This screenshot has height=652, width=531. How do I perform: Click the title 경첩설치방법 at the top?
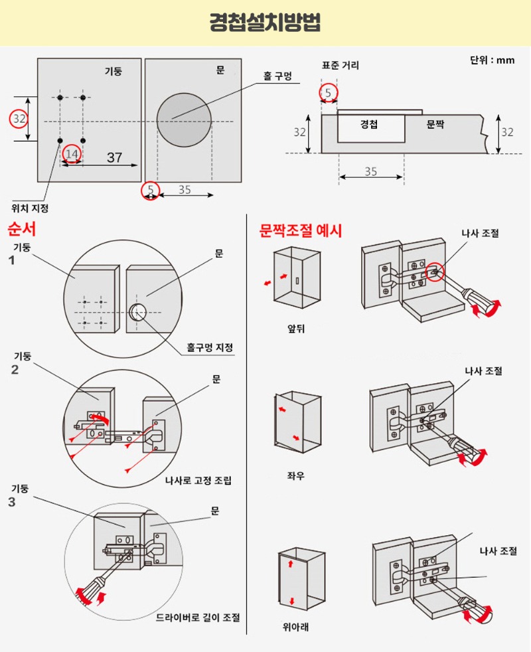(x=265, y=23)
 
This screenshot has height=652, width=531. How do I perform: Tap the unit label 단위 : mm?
(x=492, y=60)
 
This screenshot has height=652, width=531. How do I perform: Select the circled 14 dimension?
(x=72, y=154)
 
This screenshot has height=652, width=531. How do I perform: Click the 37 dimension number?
(x=114, y=157)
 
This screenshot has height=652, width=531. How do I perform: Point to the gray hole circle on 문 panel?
(x=184, y=120)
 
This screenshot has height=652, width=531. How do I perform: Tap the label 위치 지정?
(x=30, y=208)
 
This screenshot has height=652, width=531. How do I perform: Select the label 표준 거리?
(x=341, y=66)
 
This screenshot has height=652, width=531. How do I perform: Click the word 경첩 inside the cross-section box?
(x=369, y=123)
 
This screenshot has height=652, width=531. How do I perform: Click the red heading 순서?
(x=21, y=230)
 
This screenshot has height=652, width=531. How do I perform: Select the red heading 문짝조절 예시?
(x=301, y=230)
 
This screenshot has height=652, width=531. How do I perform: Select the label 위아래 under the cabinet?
(x=296, y=626)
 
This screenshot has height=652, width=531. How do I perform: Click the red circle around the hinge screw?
(x=435, y=271)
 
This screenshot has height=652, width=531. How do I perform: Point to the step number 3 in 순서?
(x=12, y=502)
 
